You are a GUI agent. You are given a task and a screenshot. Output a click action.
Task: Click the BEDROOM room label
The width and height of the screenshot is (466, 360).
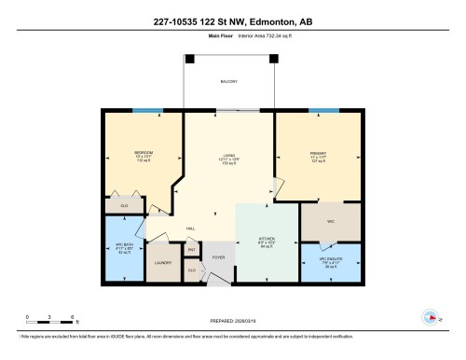[143, 152]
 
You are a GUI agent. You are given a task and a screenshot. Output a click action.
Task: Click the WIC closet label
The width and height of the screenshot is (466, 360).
[330, 222]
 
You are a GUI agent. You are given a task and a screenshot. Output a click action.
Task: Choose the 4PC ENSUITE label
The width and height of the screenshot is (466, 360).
[330, 260]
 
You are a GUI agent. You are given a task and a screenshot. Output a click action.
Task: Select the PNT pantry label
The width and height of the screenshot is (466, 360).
[191, 250]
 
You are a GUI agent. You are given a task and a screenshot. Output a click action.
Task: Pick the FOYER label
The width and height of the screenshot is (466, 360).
[219, 256]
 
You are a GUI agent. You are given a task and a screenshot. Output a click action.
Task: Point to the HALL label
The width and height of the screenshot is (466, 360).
[189, 228]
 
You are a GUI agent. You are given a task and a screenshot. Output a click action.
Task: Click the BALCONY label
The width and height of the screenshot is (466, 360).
[228, 81]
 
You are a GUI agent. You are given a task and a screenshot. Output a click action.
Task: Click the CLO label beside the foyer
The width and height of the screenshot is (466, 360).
[191, 270]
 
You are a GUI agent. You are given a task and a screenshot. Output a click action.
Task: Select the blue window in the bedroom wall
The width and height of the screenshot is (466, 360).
[143, 111]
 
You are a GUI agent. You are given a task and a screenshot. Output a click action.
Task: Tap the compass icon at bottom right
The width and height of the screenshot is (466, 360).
[431, 316]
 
